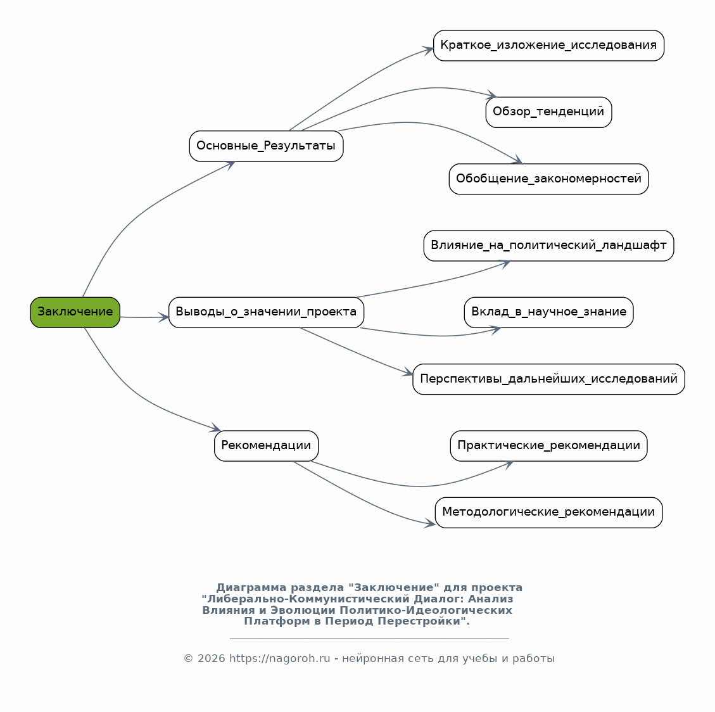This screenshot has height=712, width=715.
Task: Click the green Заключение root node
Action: tap(75, 312)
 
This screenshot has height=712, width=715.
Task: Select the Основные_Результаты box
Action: tap(266, 146)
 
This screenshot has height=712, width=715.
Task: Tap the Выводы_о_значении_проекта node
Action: tap(266, 312)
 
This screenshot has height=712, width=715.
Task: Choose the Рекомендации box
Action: tap(266, 445)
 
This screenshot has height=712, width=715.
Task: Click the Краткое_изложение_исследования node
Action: tap(548, 46)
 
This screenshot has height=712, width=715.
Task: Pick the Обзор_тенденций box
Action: tap(548, 112)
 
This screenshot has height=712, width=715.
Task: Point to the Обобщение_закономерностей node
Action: tap(548, 179)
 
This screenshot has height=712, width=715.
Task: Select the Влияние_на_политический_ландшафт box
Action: tap(548, 246)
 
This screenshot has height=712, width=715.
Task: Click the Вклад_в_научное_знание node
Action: tap(548, 312)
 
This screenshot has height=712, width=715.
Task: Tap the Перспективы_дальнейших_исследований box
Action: tap(548, 379)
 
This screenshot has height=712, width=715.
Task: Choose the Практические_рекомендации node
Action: tap(548, 445)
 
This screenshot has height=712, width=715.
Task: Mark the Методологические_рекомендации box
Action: tap(548, 512)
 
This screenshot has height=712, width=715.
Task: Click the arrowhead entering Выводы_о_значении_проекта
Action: tap(163, 317)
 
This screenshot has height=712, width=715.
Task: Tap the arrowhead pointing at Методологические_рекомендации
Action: tap(430, 523)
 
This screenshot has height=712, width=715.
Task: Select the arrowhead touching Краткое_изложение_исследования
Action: tap(427, 49)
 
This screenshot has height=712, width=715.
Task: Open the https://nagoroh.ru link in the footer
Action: tap(279, 659)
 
